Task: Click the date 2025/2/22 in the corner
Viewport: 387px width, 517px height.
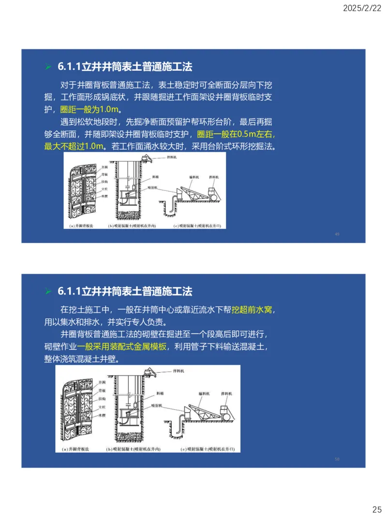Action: pos(362,8)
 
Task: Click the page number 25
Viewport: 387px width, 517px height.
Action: pos(376,509)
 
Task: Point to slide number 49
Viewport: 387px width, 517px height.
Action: pos(337,234)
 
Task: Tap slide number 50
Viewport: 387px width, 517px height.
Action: pos(337,459)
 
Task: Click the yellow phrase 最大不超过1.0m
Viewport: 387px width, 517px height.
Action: pos(74,146)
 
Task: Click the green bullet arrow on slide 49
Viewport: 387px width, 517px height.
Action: pos(48,67)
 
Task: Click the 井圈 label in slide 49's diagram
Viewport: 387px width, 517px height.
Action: pos(104,166)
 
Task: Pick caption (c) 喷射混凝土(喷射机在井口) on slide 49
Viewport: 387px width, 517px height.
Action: pos(200,226)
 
